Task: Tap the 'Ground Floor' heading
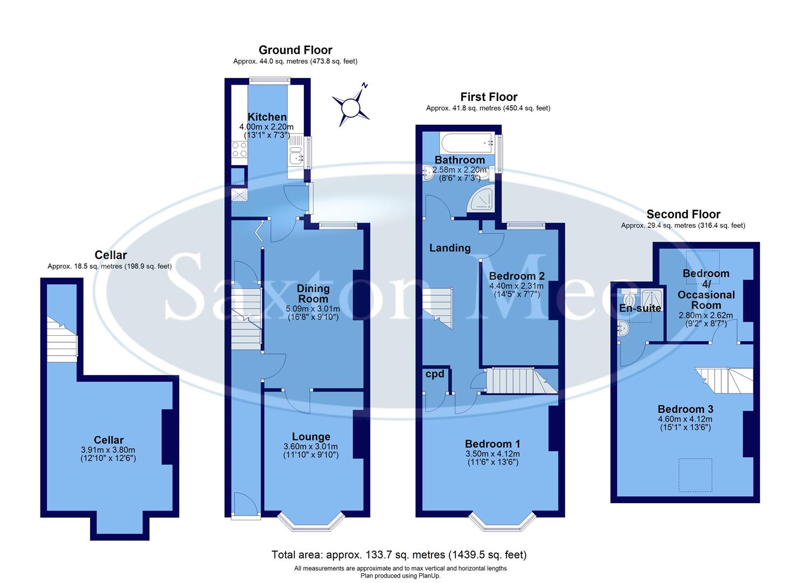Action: (295, 50)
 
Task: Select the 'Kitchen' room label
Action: (267, 117)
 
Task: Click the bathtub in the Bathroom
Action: (467, 143)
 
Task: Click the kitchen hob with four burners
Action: (239, 150)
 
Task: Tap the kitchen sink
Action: (296, 157)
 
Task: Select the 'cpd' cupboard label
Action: (435, 374)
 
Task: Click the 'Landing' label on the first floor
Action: (450, 248)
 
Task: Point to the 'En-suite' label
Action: (640, 308)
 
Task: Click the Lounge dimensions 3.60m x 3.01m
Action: (311, 446)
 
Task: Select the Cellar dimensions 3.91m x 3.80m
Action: (108, 450)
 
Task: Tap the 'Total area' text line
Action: (399, 554)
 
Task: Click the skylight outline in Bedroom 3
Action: (695, 474)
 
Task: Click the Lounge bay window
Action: (311, 521)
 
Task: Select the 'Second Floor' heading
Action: (683, 214)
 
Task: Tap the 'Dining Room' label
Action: (313, 294)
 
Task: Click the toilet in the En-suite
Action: (628, 299)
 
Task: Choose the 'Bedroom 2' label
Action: (517, 276)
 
